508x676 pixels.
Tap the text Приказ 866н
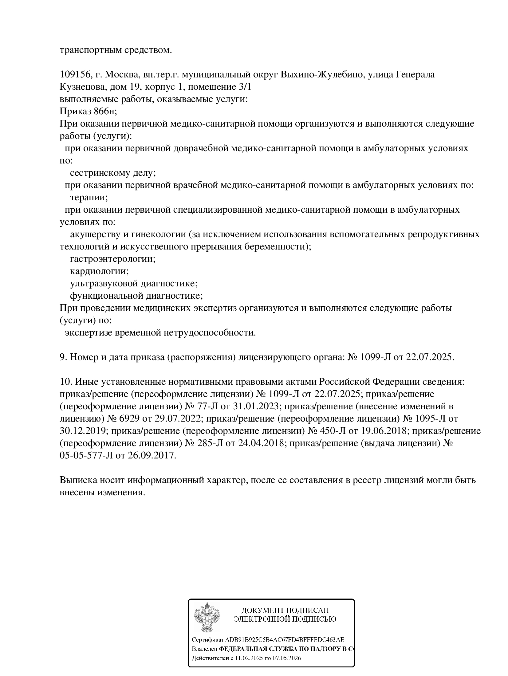point(88,112)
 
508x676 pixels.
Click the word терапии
point(89,198)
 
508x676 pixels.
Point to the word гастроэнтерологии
point(112,259)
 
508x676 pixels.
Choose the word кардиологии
point(99,271)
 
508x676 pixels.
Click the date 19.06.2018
point(381,431)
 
